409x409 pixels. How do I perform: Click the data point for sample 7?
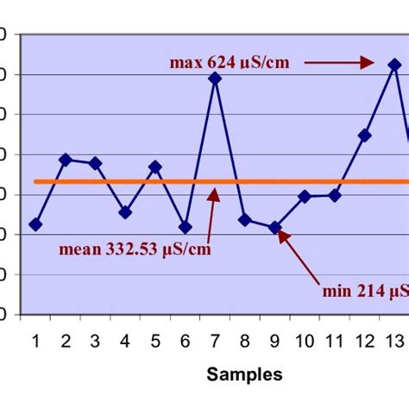pyautogui.click(x=215, y=79)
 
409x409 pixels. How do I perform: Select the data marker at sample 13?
pyautogui.click(x=393, y=65)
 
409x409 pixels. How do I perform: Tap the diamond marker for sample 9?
pyautogui.click(x=274, y=228)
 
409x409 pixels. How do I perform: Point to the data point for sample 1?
pyautogui.click(x=35, y=224)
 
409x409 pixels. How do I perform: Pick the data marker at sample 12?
pyautogui.click(x=364, y=135)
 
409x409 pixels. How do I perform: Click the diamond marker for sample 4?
pyautogui.click(x=125, y=212)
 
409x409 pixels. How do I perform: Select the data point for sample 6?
pyautogui.click(x=185, y=228)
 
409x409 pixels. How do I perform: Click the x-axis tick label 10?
pyautogui.click(x=305, y=341)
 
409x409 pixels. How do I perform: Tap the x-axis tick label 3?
pyautogui.click(x=95, y=341)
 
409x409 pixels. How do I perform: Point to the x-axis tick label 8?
pyautogui.click(x=244, y=341)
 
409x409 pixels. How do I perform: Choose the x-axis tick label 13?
pyautogui.click(x=393, y=341)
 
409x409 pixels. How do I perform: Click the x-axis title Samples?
pyautogui.click(x=244, y=374)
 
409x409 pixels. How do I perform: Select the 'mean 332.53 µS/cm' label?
pyautogui.click(x=135, y=250)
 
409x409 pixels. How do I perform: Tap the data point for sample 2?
pyautogui.click(x=66, y=160)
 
